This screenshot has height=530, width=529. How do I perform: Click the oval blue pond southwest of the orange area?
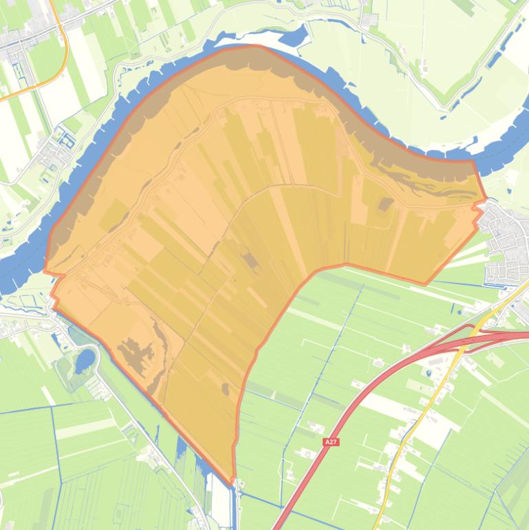(85, 359)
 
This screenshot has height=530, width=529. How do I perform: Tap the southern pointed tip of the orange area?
(233, 482)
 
